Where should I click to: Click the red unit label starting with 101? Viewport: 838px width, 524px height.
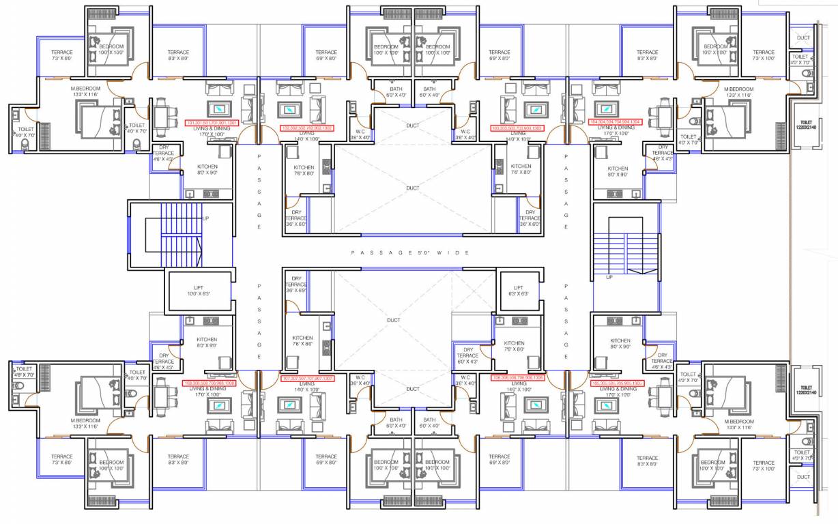click(211, 123)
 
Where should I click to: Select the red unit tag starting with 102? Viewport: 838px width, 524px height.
click(307, 128)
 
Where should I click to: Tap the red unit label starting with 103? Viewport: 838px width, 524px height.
click(517, 128)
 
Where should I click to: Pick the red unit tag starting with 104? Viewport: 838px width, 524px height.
click(616, 122)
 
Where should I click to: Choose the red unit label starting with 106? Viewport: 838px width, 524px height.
click(518, 377)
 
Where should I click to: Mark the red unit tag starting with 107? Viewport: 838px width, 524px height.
click(307, 377)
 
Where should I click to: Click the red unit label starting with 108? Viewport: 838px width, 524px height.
click(209, 383)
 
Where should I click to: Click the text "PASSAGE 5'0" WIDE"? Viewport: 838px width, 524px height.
click(410, 252)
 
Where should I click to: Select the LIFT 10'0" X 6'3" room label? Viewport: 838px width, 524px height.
click(197, 291)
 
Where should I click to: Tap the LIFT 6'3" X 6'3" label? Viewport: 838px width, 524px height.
click(518, 291)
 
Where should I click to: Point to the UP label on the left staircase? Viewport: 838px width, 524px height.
click(205, 218)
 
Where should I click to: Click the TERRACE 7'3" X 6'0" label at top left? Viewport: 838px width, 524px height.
click(62, 55)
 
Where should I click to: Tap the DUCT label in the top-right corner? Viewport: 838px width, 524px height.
click(803, 38)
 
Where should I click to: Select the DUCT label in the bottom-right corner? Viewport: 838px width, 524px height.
click(803, 477)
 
